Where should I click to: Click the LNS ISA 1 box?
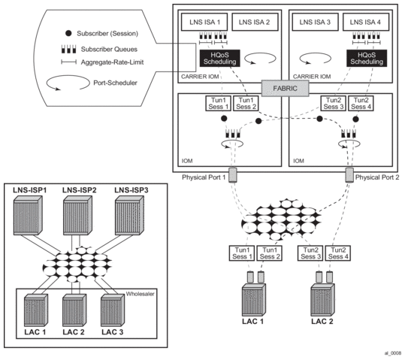[204, 22]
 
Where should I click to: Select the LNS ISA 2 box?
[255, 22]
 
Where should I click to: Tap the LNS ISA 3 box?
[315, 22]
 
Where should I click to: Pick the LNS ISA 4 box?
[365, 22]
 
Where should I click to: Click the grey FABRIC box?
[286, 89]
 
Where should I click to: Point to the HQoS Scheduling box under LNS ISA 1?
[220, 58]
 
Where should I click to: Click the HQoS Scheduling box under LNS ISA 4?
[367, 58]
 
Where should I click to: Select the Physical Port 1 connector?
[233, 175]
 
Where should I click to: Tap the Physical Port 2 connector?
[349, 175]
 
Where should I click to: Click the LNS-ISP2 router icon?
[77, 215]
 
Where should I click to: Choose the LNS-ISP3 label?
[131, 190]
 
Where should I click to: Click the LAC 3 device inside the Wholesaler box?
[113, 310]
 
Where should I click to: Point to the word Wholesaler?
[140, 294]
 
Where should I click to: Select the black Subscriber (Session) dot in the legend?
[68, 33]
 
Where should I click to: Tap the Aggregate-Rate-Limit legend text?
[113, 62]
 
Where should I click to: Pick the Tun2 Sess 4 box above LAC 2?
[338, 253]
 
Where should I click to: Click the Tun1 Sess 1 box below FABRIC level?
[218, 104]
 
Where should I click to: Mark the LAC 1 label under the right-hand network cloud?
[253, 322]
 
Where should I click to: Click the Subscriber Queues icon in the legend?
[68, 49]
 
